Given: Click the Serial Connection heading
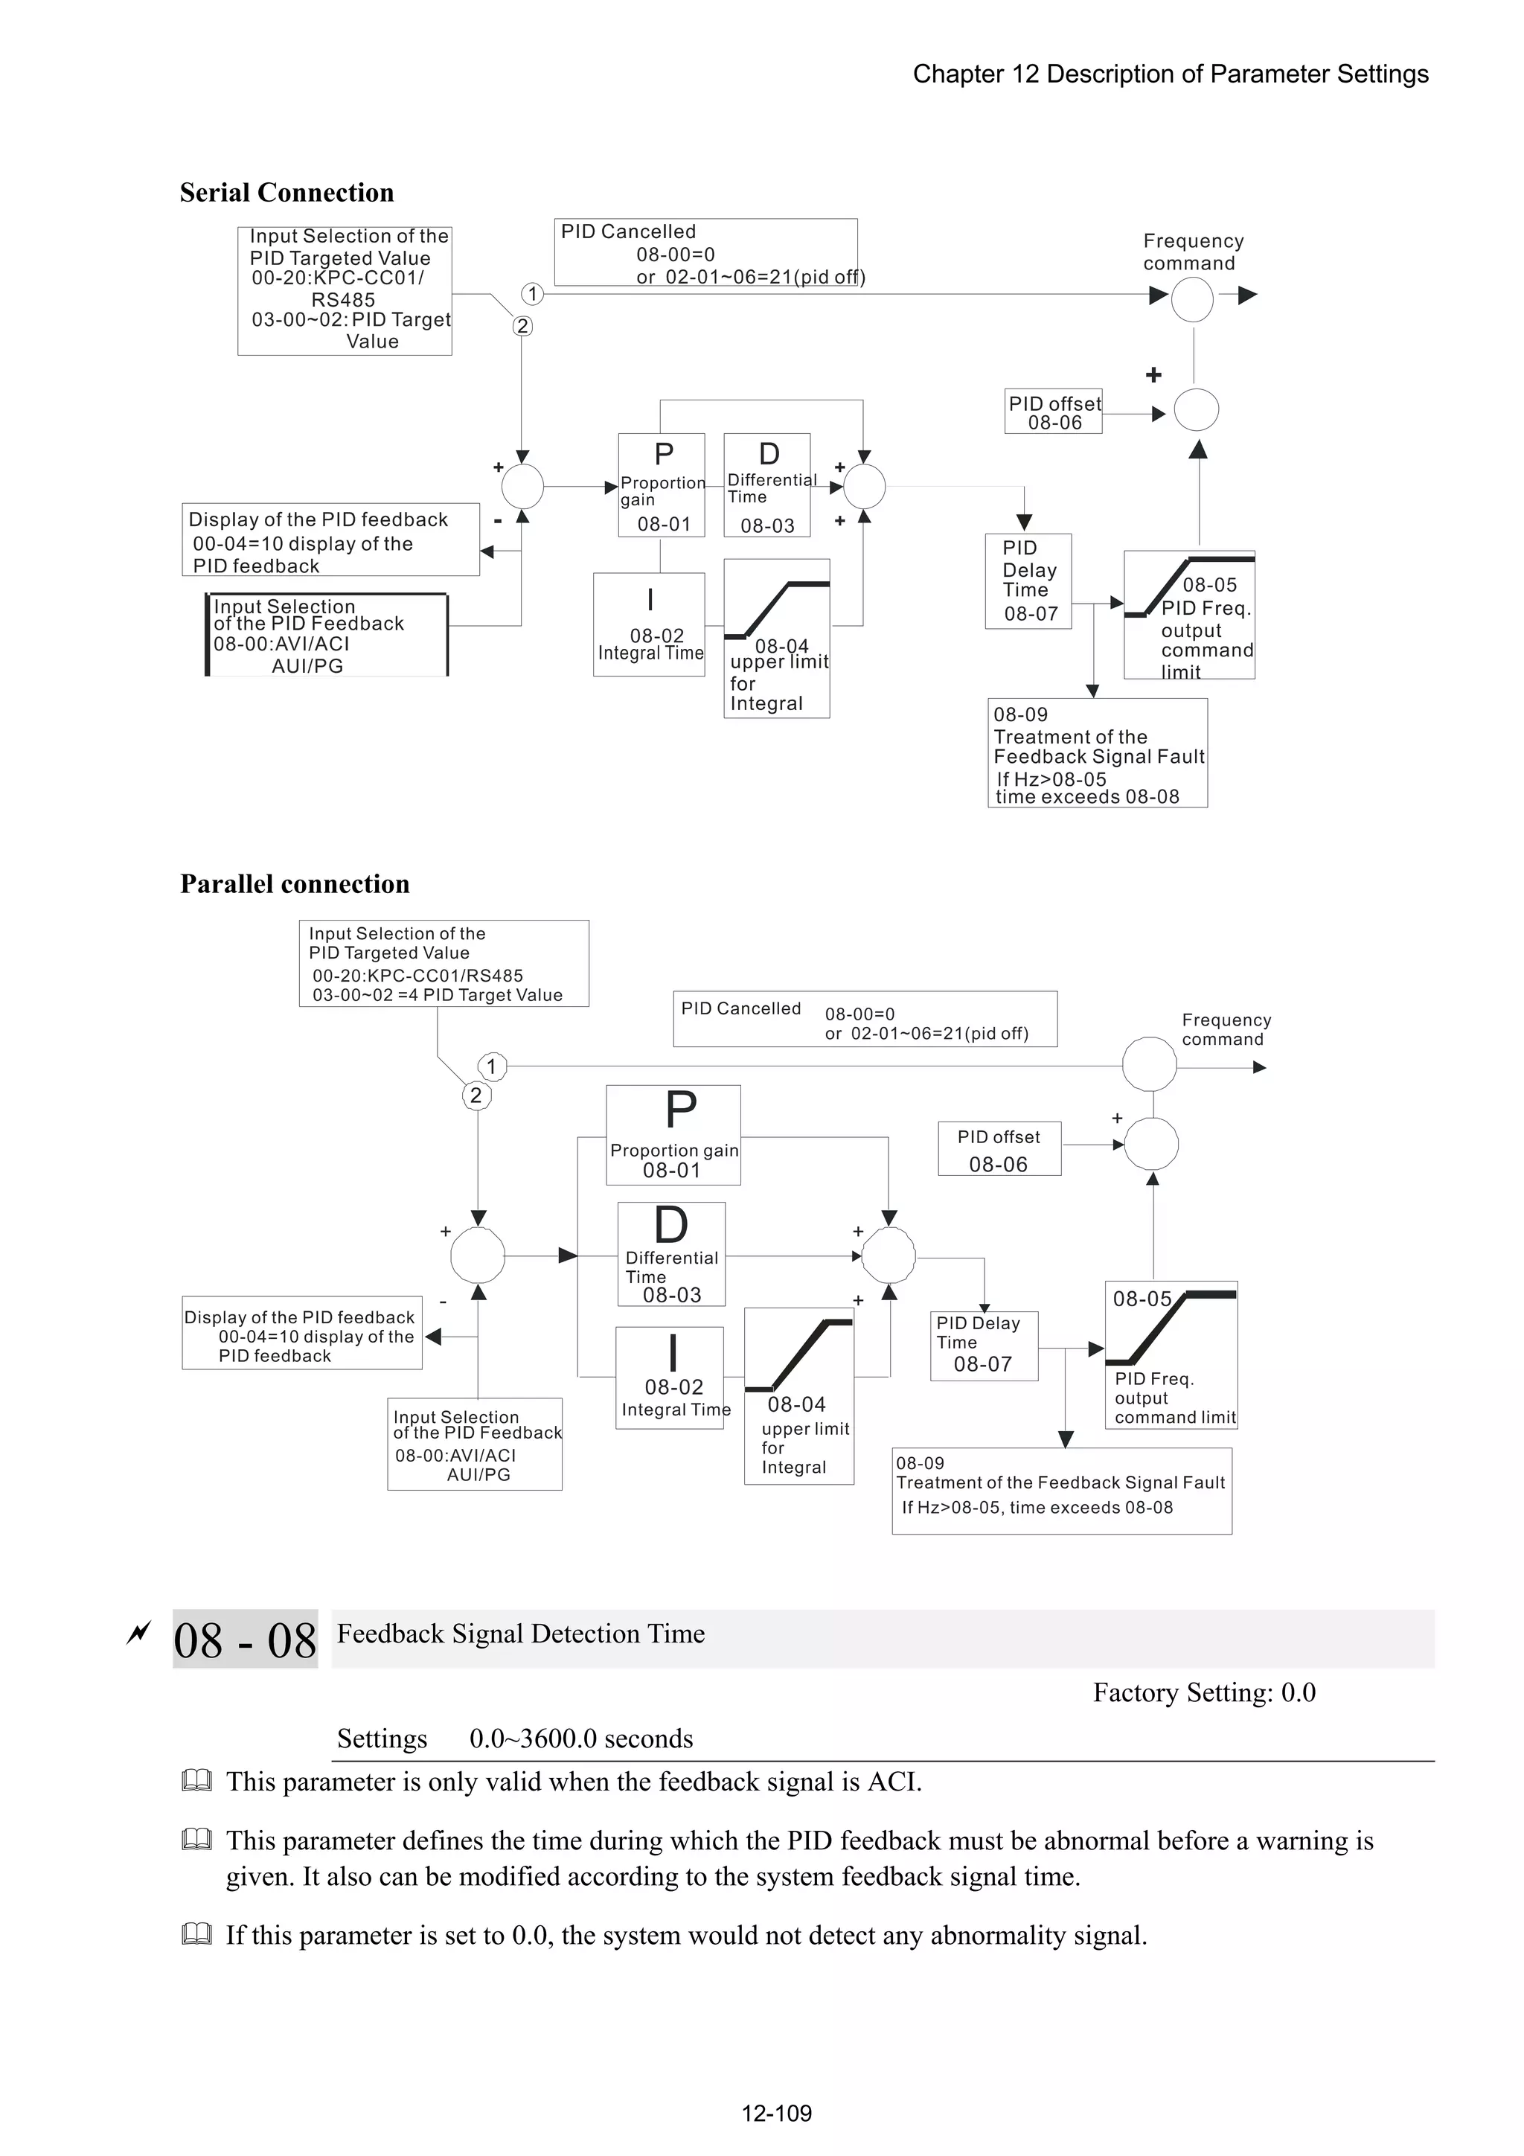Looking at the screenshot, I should tap(286, 193).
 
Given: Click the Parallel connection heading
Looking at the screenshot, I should tap(295, 885).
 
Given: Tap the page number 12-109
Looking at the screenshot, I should tap(777, 2113).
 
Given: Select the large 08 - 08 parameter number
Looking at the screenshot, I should tap(245, 1642).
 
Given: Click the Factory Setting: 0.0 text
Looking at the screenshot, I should tap(1204, 1693).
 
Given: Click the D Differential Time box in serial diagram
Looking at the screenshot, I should tap(767, 485).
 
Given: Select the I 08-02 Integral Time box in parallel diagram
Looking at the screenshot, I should tap(670, 1378).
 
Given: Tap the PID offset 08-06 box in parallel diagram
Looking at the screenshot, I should tap(999, 1149).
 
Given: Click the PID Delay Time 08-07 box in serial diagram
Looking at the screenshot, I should tap(1028, 581).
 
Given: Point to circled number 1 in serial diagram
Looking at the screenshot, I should tap(532, 294).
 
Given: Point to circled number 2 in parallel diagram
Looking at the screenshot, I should tap(476, 1095).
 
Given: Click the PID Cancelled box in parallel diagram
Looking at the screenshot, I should tap(864, 1020).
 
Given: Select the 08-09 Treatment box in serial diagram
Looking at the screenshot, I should tap(1097, 753).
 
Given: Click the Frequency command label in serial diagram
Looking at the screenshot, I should tap(1193, 252).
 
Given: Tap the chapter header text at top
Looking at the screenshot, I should tap(1170, 74).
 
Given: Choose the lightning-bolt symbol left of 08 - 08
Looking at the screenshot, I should tap(138, 1634).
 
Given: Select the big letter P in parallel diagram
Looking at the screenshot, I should tap(680, 1111).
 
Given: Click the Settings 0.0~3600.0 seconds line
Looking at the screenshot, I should tap(514, 1739).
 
